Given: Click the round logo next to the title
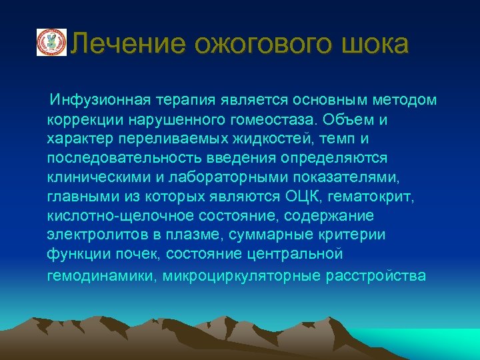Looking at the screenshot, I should (x=51, y=43).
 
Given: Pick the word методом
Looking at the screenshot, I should (x=404, y=100).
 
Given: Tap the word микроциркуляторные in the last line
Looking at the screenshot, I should (x=242, y=275).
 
